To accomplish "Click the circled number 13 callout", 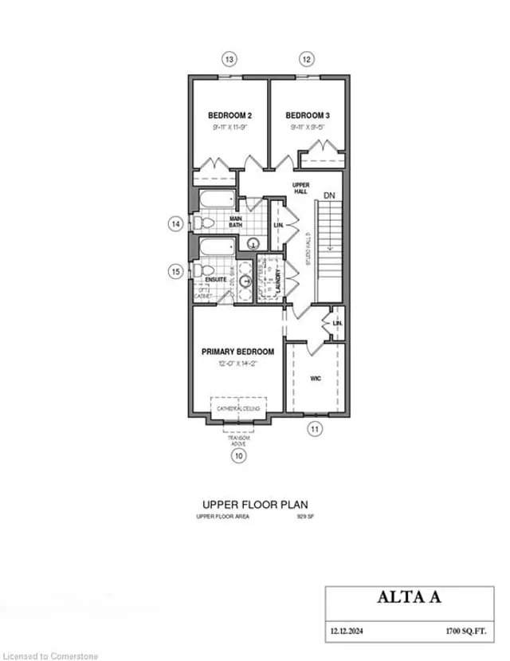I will [230, 58].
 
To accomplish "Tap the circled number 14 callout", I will [176, 224].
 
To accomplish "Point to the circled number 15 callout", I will [176, 271].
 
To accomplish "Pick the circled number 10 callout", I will [237, 456].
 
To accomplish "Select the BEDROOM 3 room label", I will [308, 116].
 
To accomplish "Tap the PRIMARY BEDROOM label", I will [237, 352].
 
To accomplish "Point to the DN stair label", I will [331, 194].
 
